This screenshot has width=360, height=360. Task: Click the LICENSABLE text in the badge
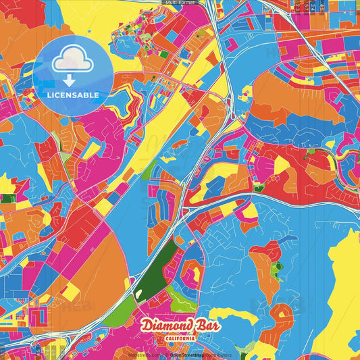[72, 95]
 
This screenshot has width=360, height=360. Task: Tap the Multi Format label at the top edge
[179, 3]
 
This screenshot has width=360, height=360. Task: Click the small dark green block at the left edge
[7, 199]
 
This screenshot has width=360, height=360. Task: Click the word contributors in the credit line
[217, 355]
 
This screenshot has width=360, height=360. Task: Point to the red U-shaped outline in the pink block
[191, 270]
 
